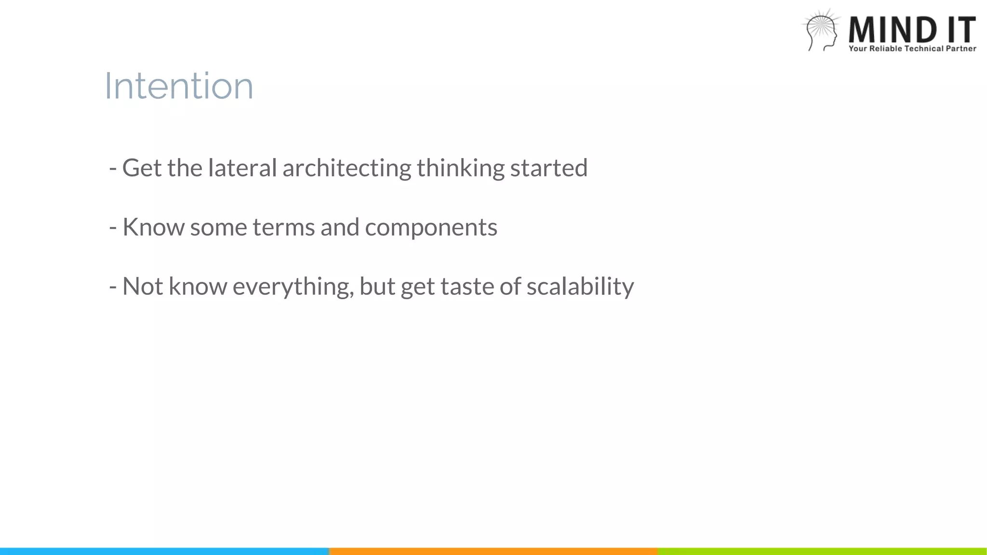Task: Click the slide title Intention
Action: point(179,86)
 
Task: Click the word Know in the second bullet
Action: point(153,227)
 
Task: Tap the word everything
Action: point(293,287)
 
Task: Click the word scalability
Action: point(580,287)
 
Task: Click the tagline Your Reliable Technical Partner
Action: point(912,49)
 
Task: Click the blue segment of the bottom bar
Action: point(164,551)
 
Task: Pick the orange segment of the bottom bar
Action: point(493,551)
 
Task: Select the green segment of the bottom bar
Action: point(822,551)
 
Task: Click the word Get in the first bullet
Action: point(142,168)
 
